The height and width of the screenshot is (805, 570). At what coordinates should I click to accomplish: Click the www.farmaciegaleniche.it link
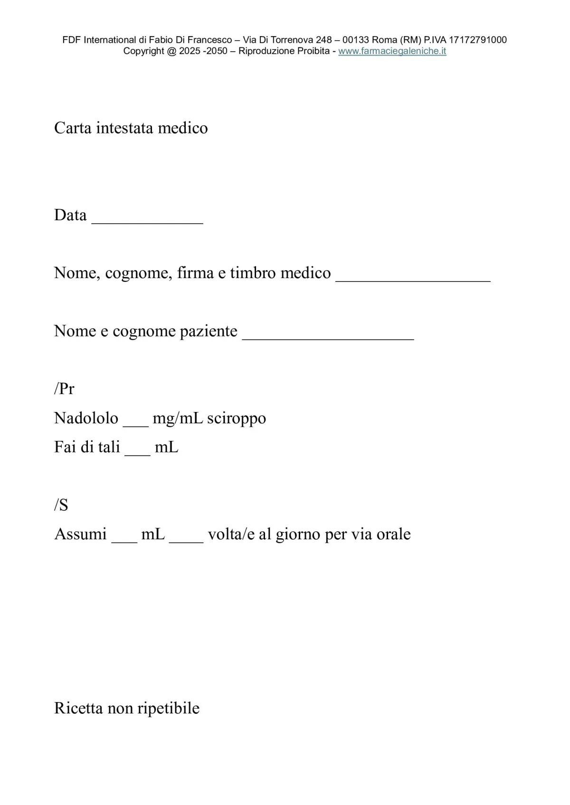tap(392, 51)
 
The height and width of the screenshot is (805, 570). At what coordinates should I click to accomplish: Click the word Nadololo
tap(86, 418)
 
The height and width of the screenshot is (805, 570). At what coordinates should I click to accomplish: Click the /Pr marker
tap(64, 389)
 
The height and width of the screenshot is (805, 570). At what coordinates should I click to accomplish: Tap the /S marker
tap(61, 505)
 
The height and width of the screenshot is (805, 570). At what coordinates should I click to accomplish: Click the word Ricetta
tap(78, 708)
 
